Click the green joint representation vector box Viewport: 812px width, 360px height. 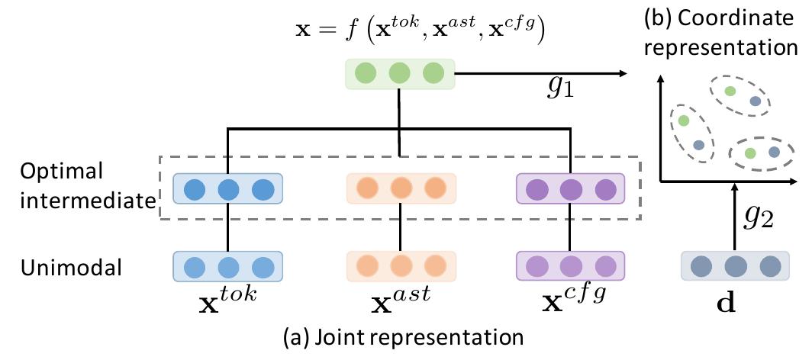[x=400, y=74]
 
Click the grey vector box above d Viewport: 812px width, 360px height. [x=735, y=267]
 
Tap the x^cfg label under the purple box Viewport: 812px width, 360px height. [x=572, y=299]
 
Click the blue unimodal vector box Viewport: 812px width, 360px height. [x=227, y=267]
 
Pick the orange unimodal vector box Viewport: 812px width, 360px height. [x=401, y=267]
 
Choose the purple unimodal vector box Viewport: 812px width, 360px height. [x=571, y=267]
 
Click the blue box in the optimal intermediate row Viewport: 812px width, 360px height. [x=227, y=188]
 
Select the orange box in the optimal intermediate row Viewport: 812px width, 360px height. [x=401, y=188]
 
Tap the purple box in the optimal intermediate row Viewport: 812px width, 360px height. [x=571, y=188]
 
